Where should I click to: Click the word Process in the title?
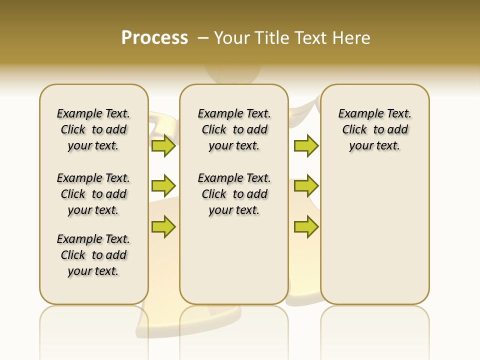(154, 38)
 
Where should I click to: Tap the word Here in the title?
(352, 38)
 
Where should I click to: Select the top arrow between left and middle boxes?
(163, 145)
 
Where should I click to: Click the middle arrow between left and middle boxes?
(163, 186)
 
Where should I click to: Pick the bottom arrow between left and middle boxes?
(163, 226)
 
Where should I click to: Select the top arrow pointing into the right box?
(306, 145)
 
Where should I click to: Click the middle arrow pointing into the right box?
(306, 186)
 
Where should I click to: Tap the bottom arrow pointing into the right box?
(306, 226)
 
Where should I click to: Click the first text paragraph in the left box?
(93, 129)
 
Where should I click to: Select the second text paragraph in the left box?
(93, 194)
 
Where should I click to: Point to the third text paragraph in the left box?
(93, 255)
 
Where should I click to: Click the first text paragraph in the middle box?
(234, 129)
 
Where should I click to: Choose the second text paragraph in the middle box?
(234, 194)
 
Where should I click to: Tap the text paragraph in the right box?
(375, 129)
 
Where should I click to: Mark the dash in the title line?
(203, 38)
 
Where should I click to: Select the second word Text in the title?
(310, 38)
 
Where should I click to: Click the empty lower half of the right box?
(375, 240)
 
